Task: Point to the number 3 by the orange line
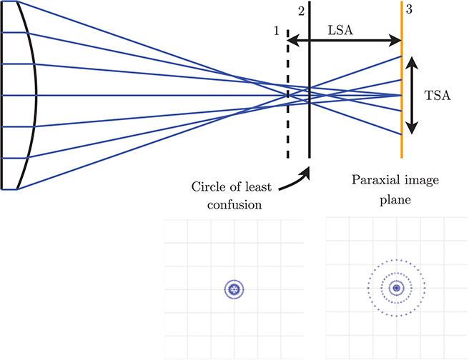pos(408,10)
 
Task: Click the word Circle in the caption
pos(208,187)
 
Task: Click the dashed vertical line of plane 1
pos(287,129)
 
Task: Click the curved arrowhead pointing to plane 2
pos(308,171)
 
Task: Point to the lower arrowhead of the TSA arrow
pos(411,129)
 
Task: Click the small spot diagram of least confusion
pos(233,289)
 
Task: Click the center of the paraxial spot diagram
pos(396,289)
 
